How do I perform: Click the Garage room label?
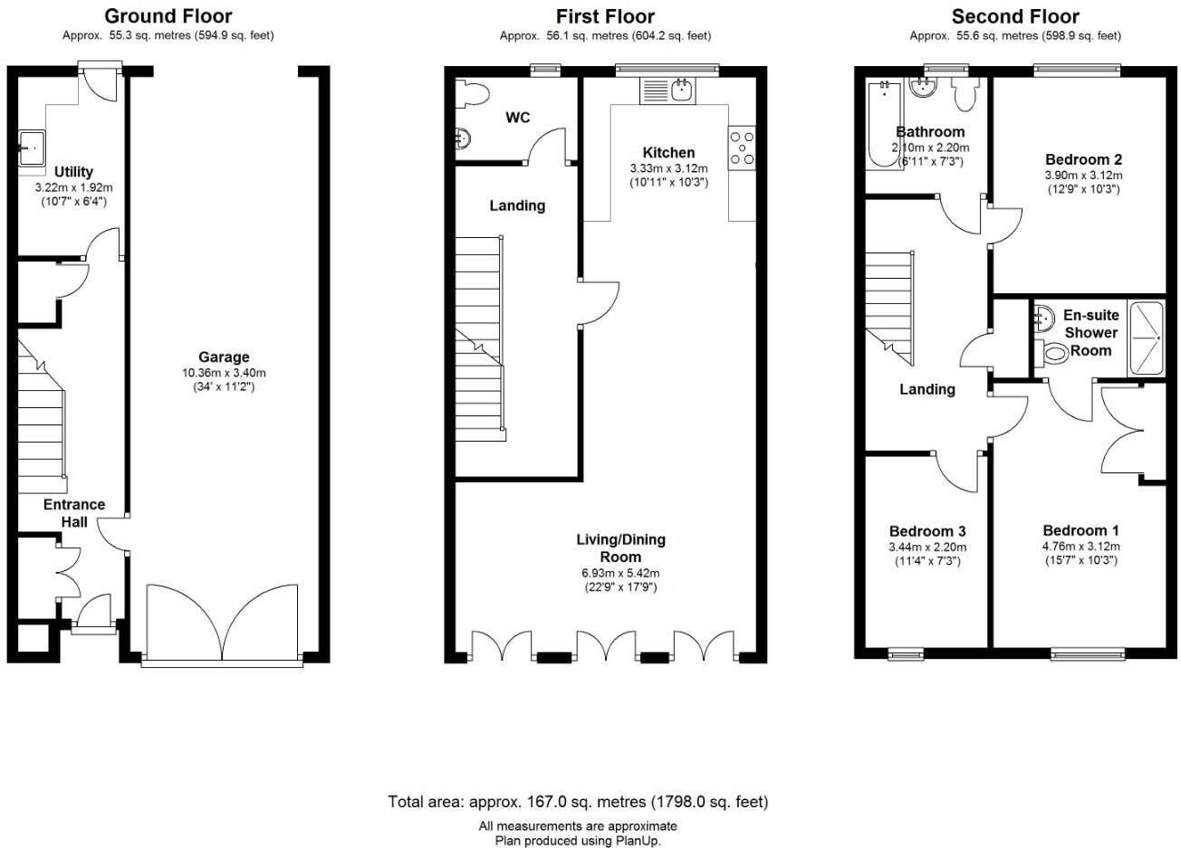(224, 357)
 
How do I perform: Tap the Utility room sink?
(32, 148)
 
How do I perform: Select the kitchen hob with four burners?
(742, 148)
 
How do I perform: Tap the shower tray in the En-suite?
(1147, 338)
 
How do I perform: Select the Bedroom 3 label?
(927, 531)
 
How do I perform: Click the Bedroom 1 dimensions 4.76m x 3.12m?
(1080, 547)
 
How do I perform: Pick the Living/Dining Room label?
(621, 548)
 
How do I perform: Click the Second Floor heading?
(1015, 17)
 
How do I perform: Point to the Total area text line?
(579, 802)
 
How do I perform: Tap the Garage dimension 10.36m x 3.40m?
(224, 373)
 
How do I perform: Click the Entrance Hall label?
(74, 513)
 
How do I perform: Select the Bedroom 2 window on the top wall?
(1077, 69)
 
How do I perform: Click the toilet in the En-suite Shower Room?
(1051, 352)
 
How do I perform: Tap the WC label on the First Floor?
(518, 118)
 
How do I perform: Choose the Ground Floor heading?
(168, 16)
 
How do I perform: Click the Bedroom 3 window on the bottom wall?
(906, 654)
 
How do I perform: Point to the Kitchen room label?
(668, 153)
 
